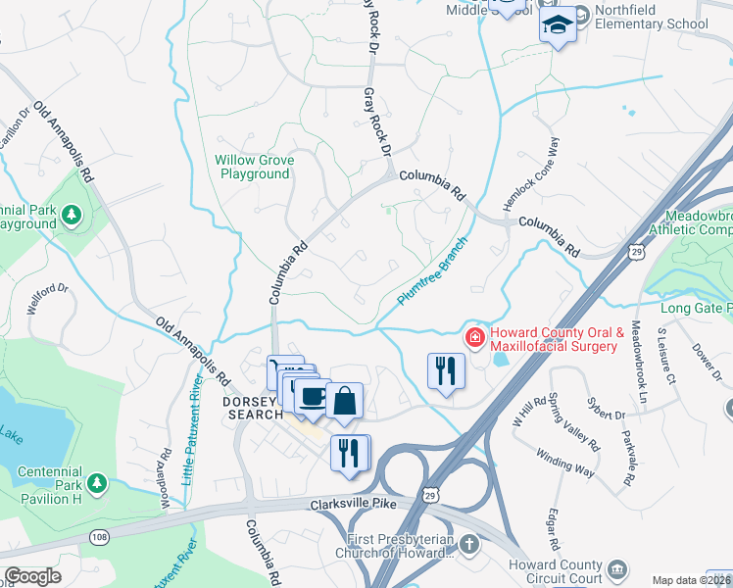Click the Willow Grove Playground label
(x=254, y=167)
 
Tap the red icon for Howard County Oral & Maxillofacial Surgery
(x=474, y=338)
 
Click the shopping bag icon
(x=345, y=400)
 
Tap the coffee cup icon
(x=312, y=396)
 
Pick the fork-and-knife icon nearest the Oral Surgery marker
(x=446, y=370)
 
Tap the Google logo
(x=32, y=576)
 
